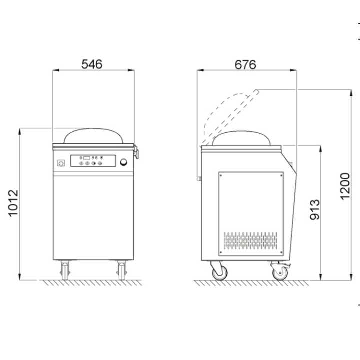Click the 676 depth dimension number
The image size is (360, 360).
[x=245, y=64]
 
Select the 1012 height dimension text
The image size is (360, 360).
[x=14, y=203]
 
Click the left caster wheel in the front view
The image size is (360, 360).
[x=65, y=270]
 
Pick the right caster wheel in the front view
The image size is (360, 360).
[x=121, y=270]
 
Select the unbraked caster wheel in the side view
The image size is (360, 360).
[x=218, y=271]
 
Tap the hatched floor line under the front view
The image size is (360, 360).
[x=90, y=283]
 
